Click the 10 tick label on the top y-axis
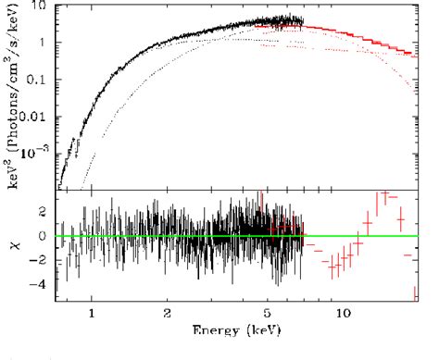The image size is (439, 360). coord(40,6)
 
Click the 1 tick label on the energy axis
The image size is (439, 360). coord(92,314)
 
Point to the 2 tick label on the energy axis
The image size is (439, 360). coord(167,314)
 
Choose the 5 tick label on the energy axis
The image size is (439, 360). coord(268,314)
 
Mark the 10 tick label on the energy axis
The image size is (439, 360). coord(344,314)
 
